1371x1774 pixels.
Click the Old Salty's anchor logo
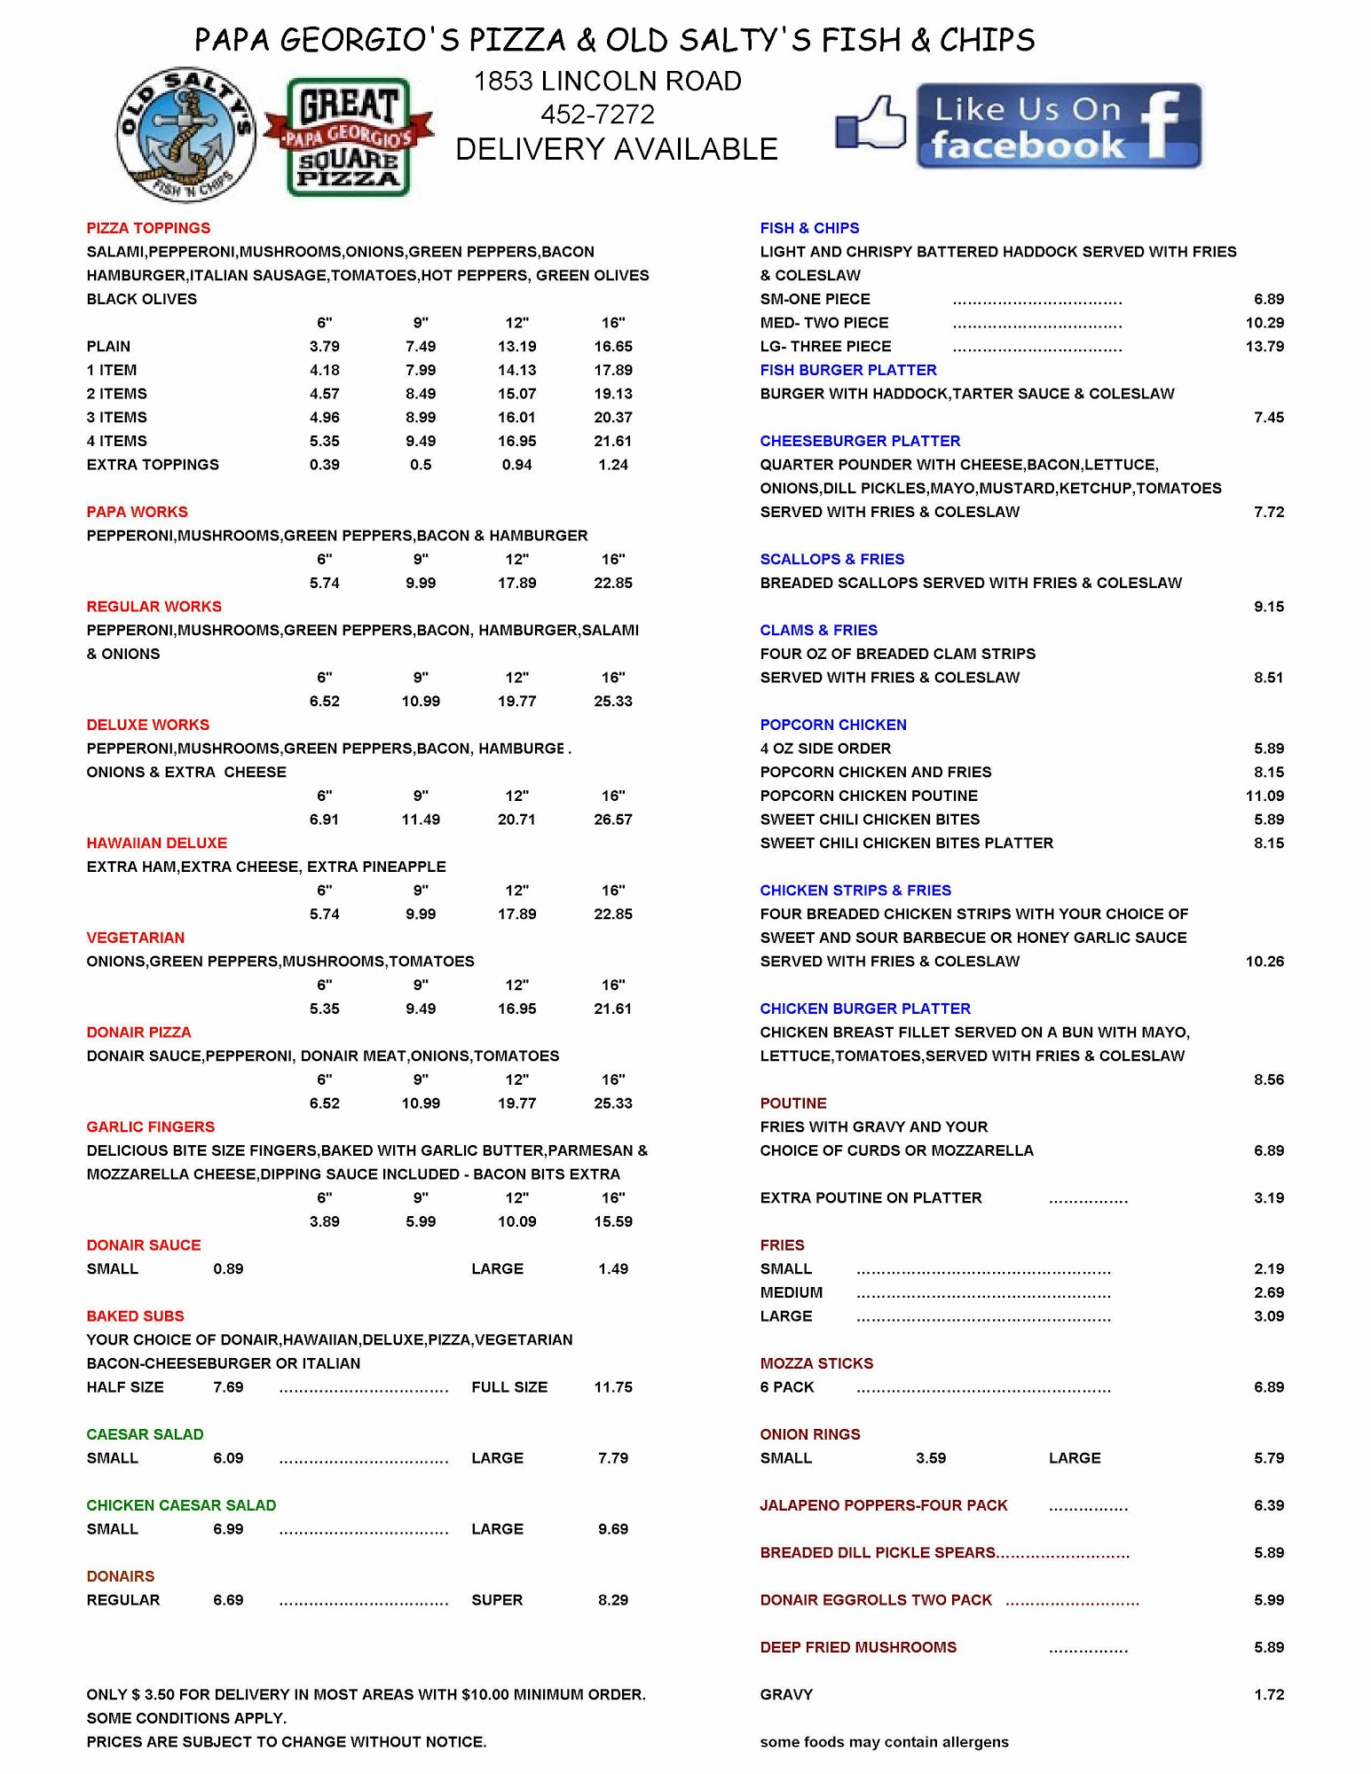[185, 135]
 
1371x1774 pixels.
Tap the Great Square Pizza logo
[349, 137]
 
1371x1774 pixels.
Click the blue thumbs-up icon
[871, 123]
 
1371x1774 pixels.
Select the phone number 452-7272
[597, 114]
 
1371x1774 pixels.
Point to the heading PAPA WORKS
[137, 512]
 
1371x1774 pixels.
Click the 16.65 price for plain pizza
[612, 346]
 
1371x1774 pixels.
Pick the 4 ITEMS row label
[116, 441]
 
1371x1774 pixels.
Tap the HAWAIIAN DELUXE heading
[156, 843]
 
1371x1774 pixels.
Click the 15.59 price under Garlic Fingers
[612, 1221]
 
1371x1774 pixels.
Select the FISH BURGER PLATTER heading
[847, 370]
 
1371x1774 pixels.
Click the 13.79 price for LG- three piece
[1264, 346]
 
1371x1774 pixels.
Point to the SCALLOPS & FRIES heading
[831, 559]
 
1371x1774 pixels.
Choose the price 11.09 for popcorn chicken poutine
[1264, 796]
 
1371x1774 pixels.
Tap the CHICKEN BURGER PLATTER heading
[864, 1009]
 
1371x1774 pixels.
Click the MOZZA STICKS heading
[816, 1363]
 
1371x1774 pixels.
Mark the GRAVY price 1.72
[1268, 1694]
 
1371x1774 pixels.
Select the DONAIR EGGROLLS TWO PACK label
[875, 1600]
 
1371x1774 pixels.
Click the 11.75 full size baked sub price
[612, 1387]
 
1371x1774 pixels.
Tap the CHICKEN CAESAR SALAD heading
[181, 1505]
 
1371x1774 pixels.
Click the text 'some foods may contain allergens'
[884, 1742]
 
